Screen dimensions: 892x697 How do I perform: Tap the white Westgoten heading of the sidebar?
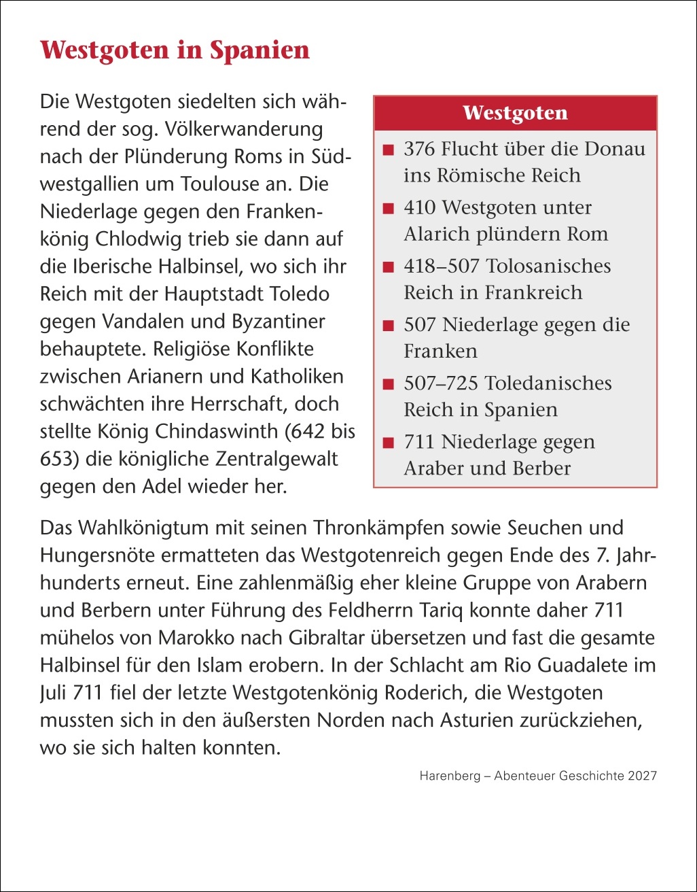(x=515, y=113)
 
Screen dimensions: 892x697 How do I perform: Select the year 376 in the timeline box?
(x=418, y=149)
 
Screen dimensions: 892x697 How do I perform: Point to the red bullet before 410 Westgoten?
(x=389, y=208)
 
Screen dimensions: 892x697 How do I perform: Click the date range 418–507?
(x=440, y=266)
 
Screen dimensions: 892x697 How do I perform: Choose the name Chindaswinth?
(x=206, y=432)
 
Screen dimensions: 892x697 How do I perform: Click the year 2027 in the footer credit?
(x=642, y=776)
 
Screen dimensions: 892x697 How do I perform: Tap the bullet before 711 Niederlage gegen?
(x=389, y=443)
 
